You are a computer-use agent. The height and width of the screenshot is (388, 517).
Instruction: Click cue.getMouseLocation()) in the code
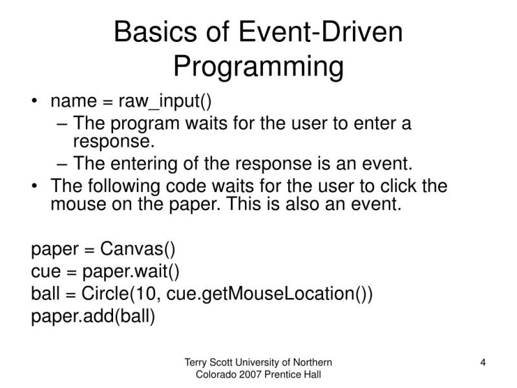click(269, 294)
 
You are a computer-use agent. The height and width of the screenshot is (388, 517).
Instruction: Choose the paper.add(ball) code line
click(93, 316)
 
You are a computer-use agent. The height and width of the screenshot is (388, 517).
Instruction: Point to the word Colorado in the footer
click(215, 375)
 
